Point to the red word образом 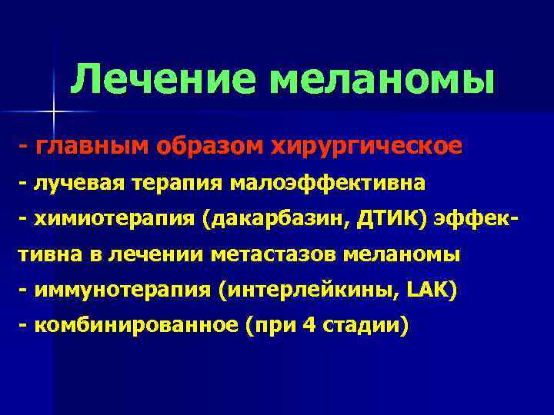[202, 146]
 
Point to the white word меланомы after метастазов [400, 254]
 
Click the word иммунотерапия [119, 291]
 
